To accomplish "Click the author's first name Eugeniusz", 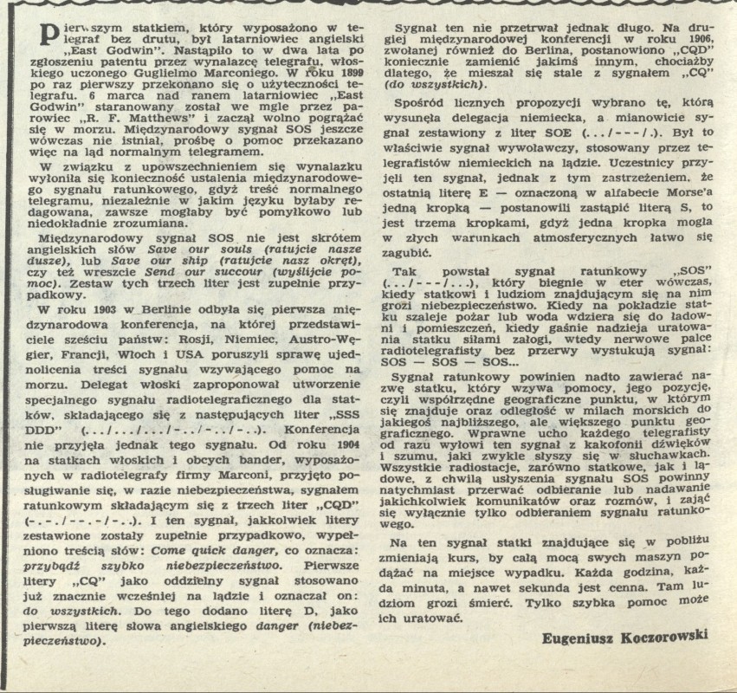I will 576,638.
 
